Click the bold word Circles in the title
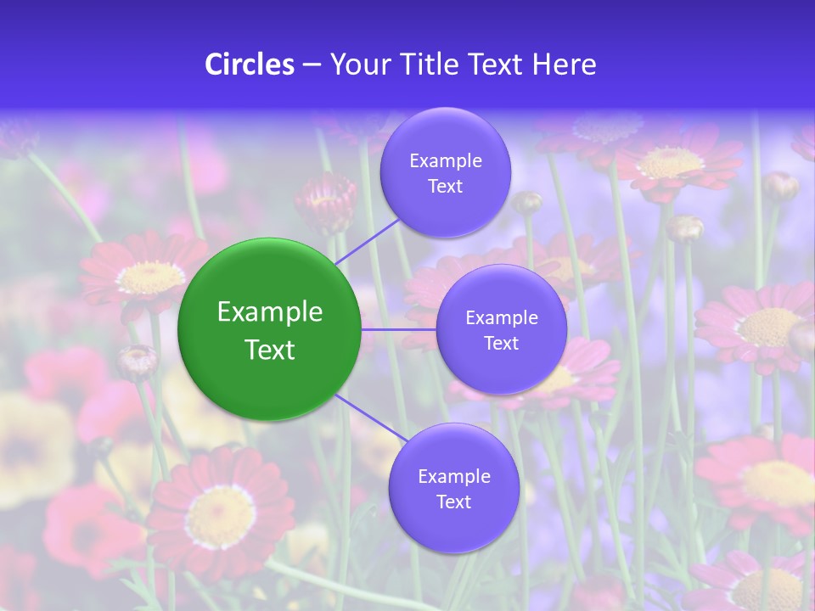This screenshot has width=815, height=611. tap(250, 64)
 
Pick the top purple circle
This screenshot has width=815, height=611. tap(446, 172)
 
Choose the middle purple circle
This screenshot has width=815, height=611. tap(501, 329)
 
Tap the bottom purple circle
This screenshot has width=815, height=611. tap(453, 488)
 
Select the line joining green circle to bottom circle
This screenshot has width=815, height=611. tap(371, 421)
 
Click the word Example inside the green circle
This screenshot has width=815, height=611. tap(270, 312)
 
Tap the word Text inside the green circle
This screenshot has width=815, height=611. tap(270, 350)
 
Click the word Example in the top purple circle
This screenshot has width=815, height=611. tap(446, 160)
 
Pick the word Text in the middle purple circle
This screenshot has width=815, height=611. tap(501, 343)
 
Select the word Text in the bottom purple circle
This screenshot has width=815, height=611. tap(453, 502)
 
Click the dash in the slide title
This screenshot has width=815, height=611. tap(312, 64)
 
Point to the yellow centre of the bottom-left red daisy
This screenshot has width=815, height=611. tap(222, 516)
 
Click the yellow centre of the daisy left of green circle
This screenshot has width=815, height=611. tap(150, 277)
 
